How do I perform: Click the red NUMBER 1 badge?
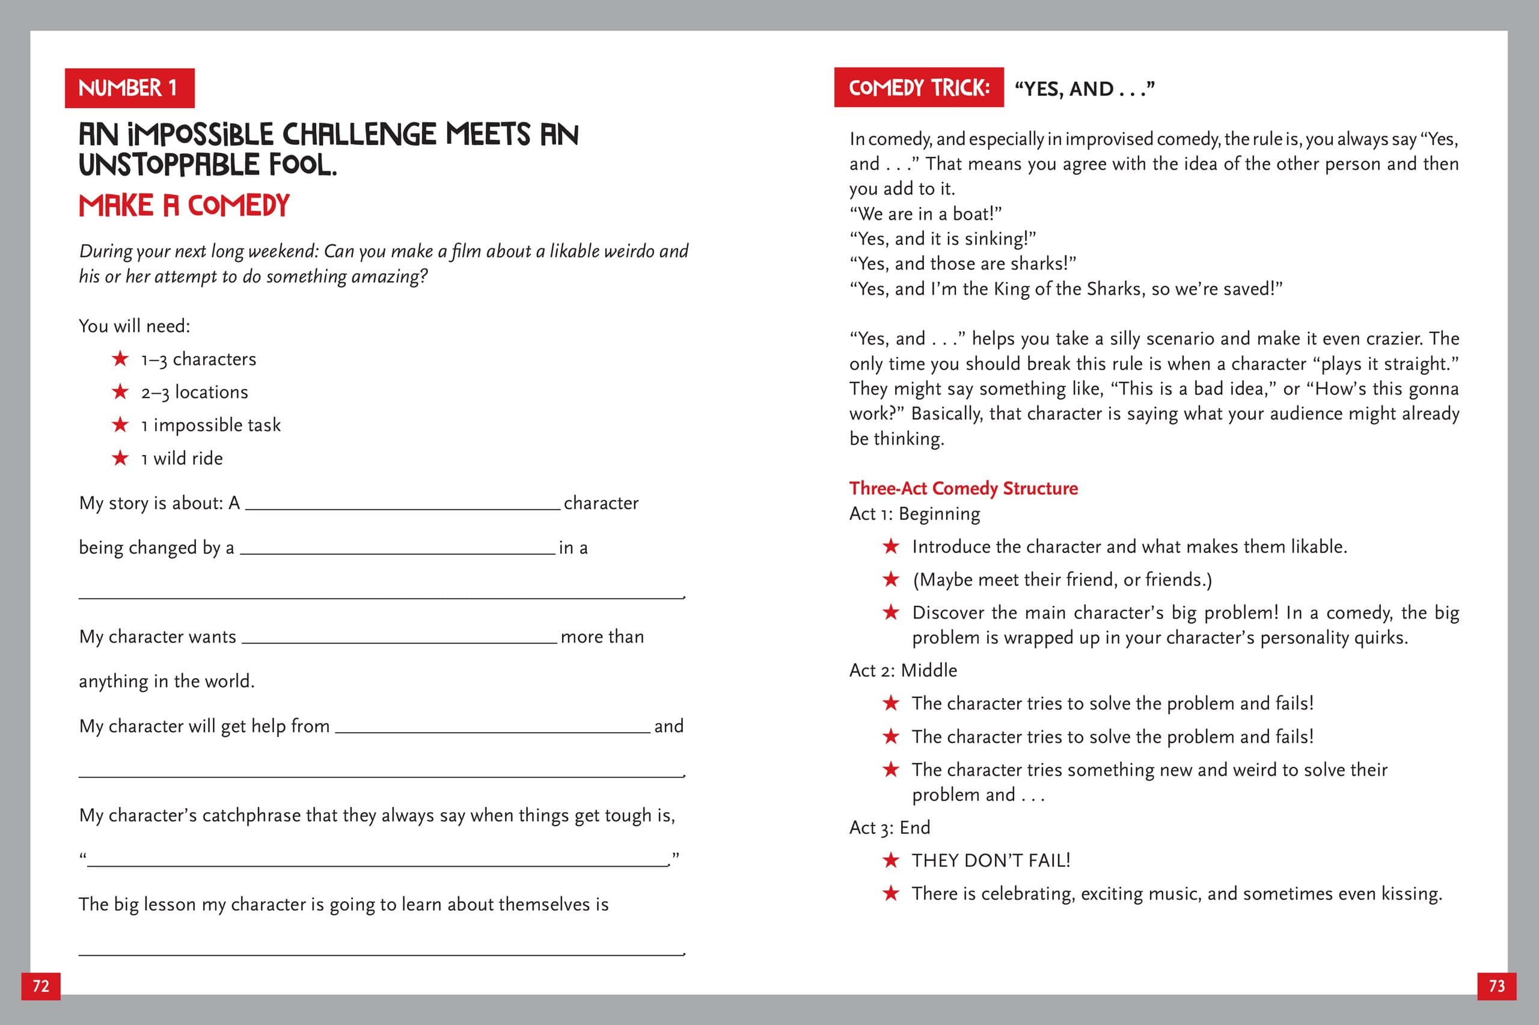point(129,88)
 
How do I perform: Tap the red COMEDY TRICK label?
point(918,88)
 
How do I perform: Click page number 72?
point(40,986)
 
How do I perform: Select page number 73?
point(1496,986)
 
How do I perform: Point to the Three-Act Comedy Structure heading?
point(962,488)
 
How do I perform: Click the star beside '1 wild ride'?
point(120,457)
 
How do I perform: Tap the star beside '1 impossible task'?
point(120,424)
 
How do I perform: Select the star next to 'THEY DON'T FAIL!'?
point(891,860)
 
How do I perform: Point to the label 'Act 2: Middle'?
point(902,670)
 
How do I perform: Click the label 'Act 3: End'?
point(889,828)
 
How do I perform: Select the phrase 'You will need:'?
point(134,326)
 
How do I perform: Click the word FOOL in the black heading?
point(303,165)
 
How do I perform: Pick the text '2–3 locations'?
point(194,392)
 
